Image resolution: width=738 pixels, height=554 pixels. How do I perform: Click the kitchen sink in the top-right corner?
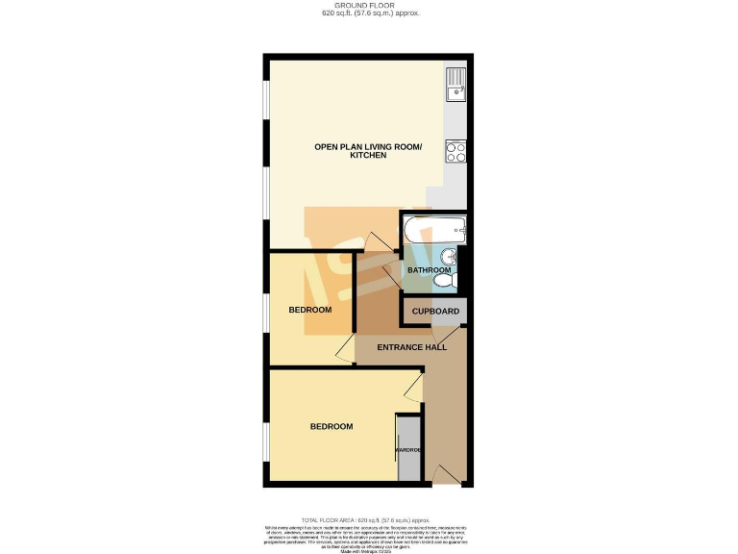click(455, 84)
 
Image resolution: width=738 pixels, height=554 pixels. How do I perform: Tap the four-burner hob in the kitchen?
click(455, 150)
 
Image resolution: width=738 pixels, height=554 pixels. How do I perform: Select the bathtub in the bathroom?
click(434, 230)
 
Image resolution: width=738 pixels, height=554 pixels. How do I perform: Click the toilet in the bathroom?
click(453, 279)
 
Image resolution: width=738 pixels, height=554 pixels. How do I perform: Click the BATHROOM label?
click(429, 270)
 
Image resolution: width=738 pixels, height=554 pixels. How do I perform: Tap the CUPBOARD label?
click(435, 312)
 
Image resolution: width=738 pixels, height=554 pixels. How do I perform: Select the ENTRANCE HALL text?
click(411, 347)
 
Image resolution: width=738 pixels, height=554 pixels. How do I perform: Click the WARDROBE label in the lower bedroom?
click(408, 449)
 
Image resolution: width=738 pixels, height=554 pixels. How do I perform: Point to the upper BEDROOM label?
click(310, 310)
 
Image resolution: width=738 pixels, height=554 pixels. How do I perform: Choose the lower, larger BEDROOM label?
click(331, 426)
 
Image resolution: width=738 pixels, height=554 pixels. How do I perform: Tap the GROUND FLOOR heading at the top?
click(369, 6)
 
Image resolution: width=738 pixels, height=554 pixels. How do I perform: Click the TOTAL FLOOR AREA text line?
click(369, 518)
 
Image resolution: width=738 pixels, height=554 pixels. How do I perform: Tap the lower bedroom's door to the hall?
click(413, 388)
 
